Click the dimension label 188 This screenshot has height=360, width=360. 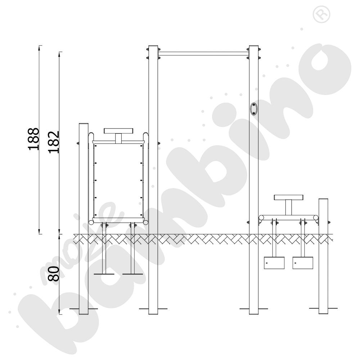[33, 139]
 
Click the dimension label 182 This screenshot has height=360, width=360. [54, 142]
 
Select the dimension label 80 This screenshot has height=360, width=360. [54, 274]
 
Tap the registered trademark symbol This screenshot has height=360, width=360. [321, 14]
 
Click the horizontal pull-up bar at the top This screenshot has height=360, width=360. [203, 54]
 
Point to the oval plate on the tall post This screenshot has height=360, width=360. [254, 109]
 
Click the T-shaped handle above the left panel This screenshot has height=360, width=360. [118, 135]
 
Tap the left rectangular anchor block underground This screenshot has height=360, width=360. [274, 263]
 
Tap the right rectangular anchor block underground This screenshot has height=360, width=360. [303, 263]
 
